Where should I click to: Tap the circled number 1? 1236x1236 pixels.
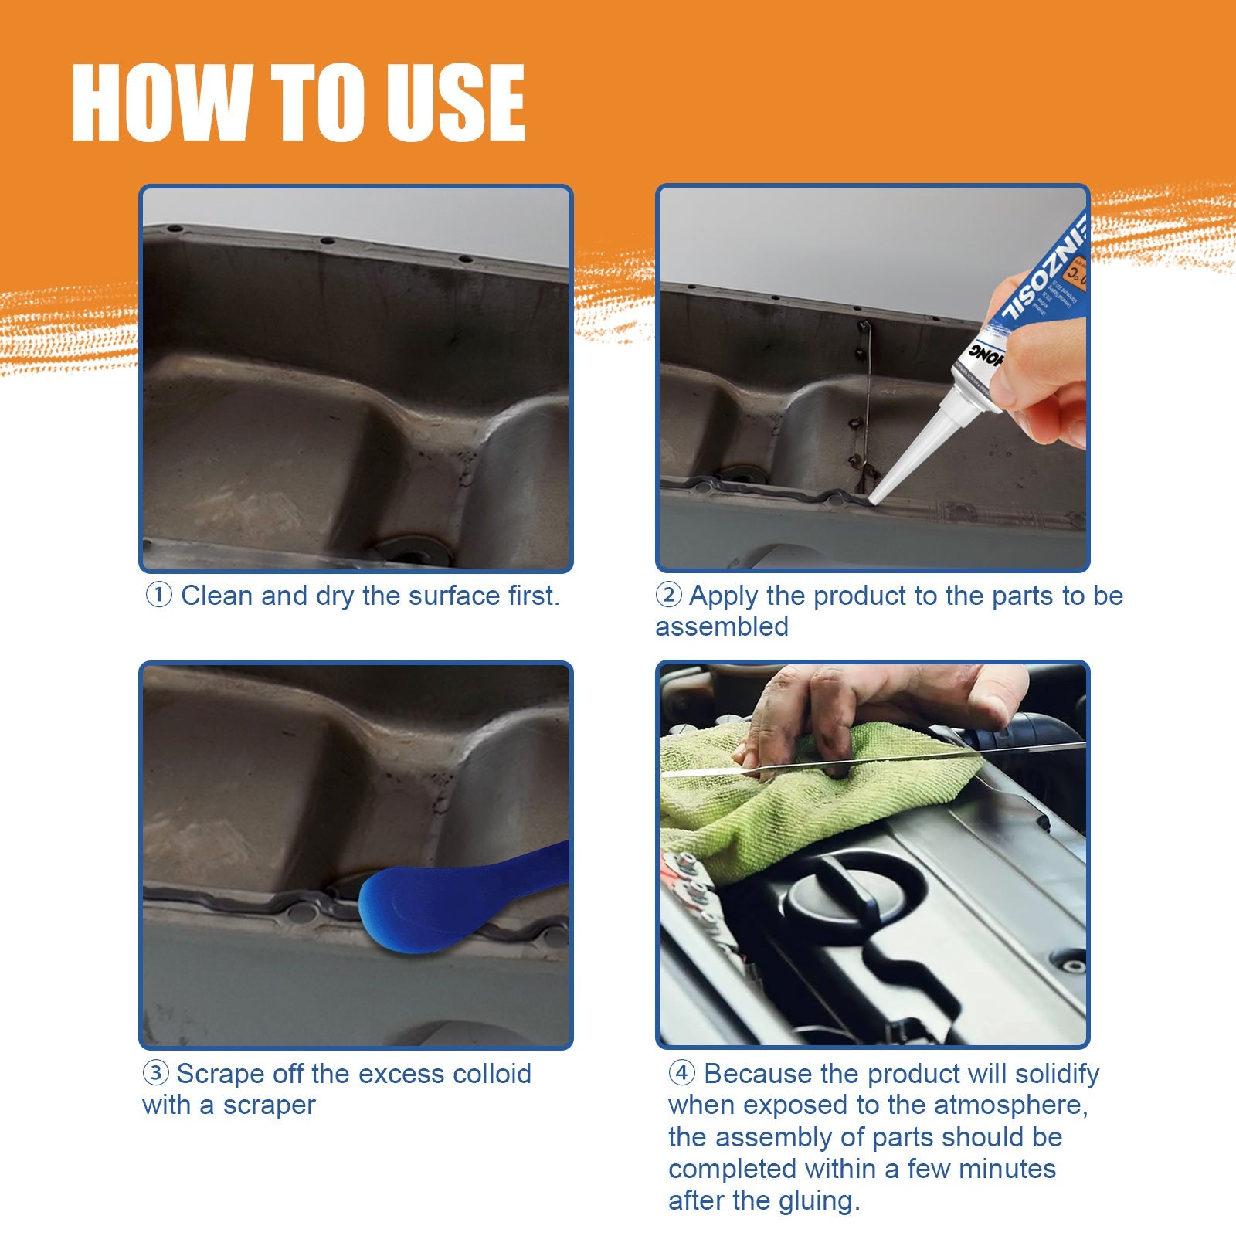point(158,596)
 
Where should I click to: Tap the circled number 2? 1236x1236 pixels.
point(668,596)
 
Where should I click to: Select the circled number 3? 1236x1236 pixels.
point(155,1073)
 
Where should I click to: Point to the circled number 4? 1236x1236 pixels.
point(681,1073)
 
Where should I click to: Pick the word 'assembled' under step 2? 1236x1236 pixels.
point(722,626)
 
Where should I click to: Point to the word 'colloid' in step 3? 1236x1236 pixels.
point(491,1074)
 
